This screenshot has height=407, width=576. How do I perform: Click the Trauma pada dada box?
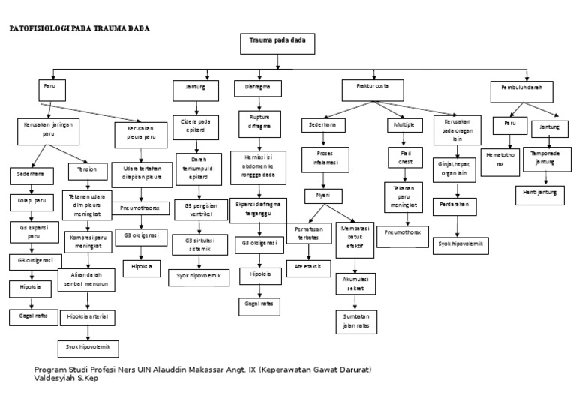point(277,43)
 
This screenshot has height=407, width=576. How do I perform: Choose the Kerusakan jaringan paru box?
point(48,128)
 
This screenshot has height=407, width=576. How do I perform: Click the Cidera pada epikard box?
point(194,125)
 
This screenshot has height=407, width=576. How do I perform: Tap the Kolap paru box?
point(29,202)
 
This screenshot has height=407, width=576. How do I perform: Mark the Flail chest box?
point(406,158)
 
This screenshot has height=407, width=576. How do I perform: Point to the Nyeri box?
point(322,196)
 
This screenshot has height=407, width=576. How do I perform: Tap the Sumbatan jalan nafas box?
point(355,322)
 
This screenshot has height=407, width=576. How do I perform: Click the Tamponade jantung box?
point(545,159)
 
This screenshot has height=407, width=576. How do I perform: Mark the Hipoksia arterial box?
point(87,317)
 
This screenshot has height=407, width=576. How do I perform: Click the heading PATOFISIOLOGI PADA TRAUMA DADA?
point(79,28)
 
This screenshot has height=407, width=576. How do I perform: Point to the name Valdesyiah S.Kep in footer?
point(66,379)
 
